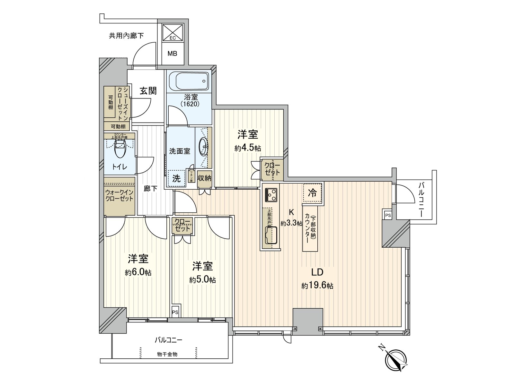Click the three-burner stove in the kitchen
pos(271,194)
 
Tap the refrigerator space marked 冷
pos(312,193)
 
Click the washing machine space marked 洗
pos(177,178)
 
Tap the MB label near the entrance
pos(173,54)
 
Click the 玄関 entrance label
pos(148,91)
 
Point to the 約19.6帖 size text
pos(317,286)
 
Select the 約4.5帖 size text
pos(247,148)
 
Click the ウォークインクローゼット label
pos(119,195)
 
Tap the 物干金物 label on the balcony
pos(167,354)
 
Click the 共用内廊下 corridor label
pos(126,36)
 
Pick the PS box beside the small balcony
pos(388,215)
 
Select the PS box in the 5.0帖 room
pos(175,312)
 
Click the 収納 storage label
pos(204,178)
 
